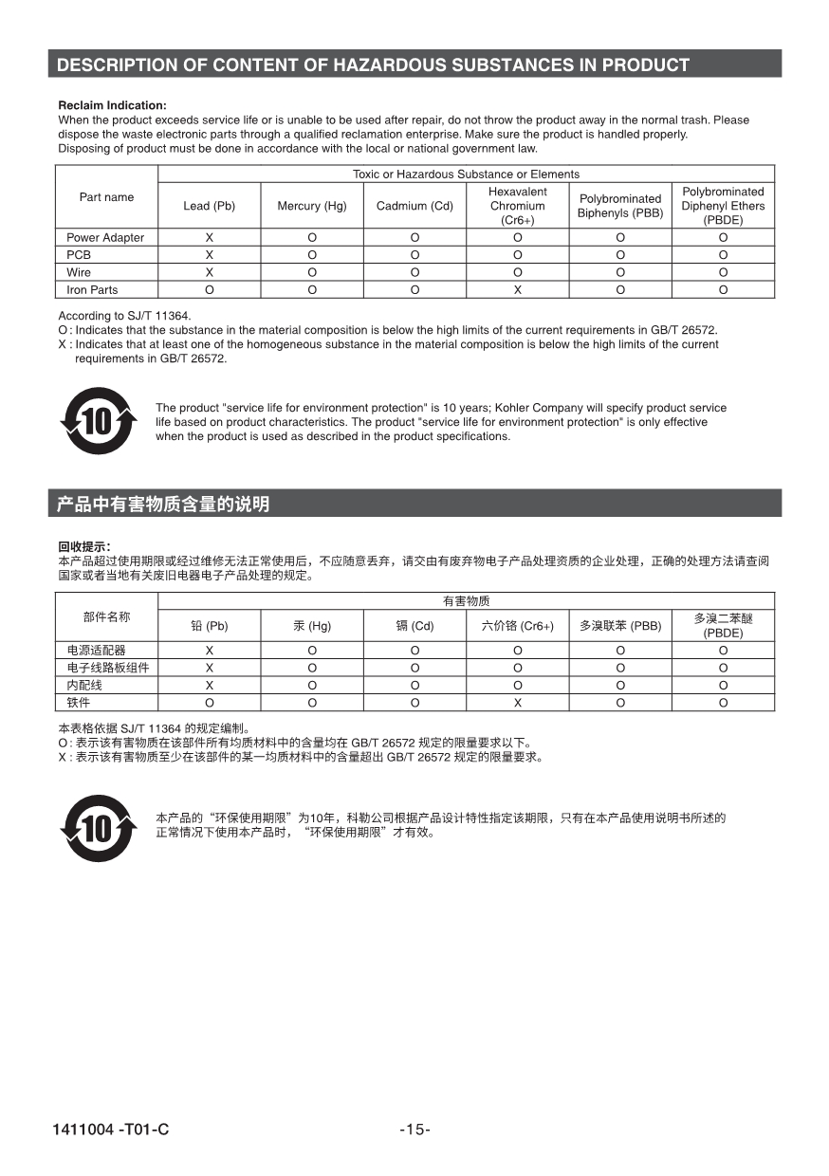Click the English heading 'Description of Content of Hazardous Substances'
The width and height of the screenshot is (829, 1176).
373,65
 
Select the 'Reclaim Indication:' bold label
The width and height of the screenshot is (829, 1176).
112,105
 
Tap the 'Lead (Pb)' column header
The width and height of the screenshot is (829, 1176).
209,206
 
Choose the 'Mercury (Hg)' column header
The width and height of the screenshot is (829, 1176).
312,206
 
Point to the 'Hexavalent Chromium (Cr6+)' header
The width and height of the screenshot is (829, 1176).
517,206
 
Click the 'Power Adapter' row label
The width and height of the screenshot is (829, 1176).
105,238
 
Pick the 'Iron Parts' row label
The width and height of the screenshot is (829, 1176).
92,290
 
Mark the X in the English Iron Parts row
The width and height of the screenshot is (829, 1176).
518,290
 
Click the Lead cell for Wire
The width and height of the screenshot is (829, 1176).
209,272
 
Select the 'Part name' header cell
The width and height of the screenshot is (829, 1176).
106,197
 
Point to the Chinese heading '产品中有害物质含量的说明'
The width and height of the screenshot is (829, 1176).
163,505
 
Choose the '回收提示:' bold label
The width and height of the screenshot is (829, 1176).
84,546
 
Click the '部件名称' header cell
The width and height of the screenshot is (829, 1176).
106,617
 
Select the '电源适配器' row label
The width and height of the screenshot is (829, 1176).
96,651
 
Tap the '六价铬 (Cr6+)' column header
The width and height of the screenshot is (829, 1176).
517,626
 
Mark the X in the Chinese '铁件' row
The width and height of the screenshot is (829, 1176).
518,703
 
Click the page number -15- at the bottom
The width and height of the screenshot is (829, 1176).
414,1130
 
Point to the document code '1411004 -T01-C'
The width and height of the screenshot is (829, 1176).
111,1130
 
